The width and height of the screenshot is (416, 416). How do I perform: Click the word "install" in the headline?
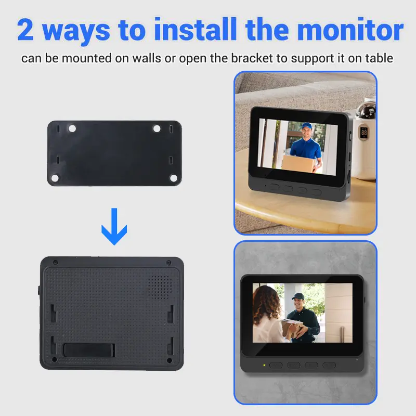coord(196,29)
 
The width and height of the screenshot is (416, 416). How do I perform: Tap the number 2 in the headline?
coord(25,30)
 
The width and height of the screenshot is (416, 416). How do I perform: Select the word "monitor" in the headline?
coord(350,29)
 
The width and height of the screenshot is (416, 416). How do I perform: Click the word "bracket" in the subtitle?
coord(252,58)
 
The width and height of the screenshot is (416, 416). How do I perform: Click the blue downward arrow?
coord(114,226)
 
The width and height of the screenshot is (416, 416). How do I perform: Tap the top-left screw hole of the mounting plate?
coord(72,128)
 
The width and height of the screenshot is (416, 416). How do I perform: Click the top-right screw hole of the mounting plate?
coord(157,128)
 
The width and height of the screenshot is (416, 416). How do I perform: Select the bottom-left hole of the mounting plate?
coord(55,178)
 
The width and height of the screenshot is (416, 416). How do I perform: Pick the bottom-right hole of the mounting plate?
coord(174,178)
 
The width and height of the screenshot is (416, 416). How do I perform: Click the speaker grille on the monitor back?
coord(159,287)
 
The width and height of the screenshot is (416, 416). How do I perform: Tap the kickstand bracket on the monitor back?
coord(89,350)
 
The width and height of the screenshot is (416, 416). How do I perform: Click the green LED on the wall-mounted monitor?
coord(264,366)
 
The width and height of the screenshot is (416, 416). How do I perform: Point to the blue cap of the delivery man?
coord(306,125)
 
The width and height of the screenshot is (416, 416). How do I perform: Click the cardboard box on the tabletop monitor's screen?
coord(297,162)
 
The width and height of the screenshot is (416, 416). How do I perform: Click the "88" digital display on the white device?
coord(363,133)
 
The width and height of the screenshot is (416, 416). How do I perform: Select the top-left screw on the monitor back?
coord(55,263)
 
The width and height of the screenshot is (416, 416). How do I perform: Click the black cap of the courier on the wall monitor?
coord(298,296)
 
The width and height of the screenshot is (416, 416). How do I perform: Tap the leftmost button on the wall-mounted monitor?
coord(276,366)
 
